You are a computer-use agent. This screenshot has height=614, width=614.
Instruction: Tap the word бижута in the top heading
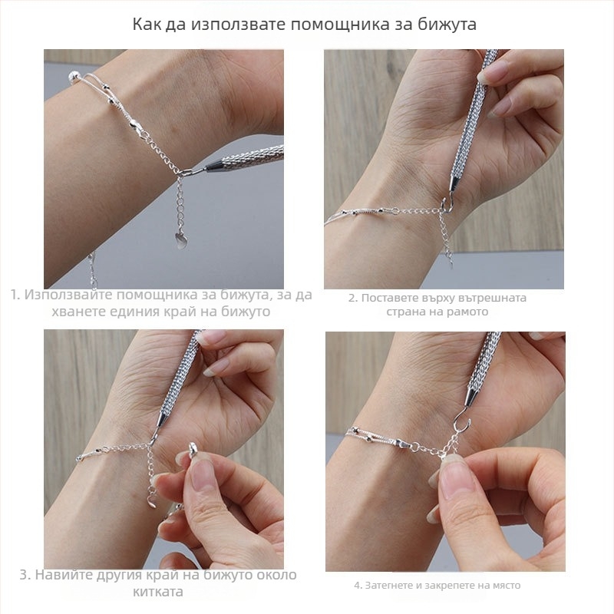click(444, 24)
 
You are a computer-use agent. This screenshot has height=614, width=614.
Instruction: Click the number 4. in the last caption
click(358, 586)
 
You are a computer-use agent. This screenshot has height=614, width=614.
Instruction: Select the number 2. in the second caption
click(353, 298)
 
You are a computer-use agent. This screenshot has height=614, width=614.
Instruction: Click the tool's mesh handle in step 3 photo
click(180, 376)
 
